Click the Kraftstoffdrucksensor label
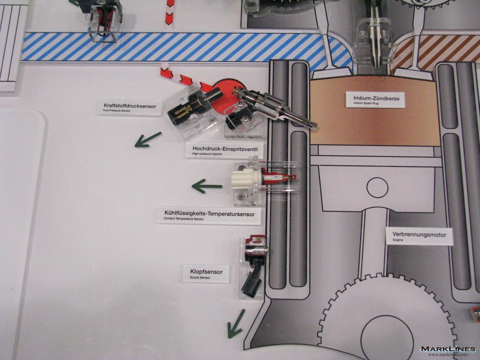(130, 108)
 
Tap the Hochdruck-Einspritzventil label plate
(225, 150)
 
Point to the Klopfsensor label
(206, 274)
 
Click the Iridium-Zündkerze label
(375, 100)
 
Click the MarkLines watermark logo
(448, 349)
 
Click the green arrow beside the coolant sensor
(207, 186)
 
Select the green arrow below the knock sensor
(236, 324)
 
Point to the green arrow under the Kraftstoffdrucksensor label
(148, 140)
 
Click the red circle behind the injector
(228, 92)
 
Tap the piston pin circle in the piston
(377, 188)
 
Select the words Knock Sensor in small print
(200, 278)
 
